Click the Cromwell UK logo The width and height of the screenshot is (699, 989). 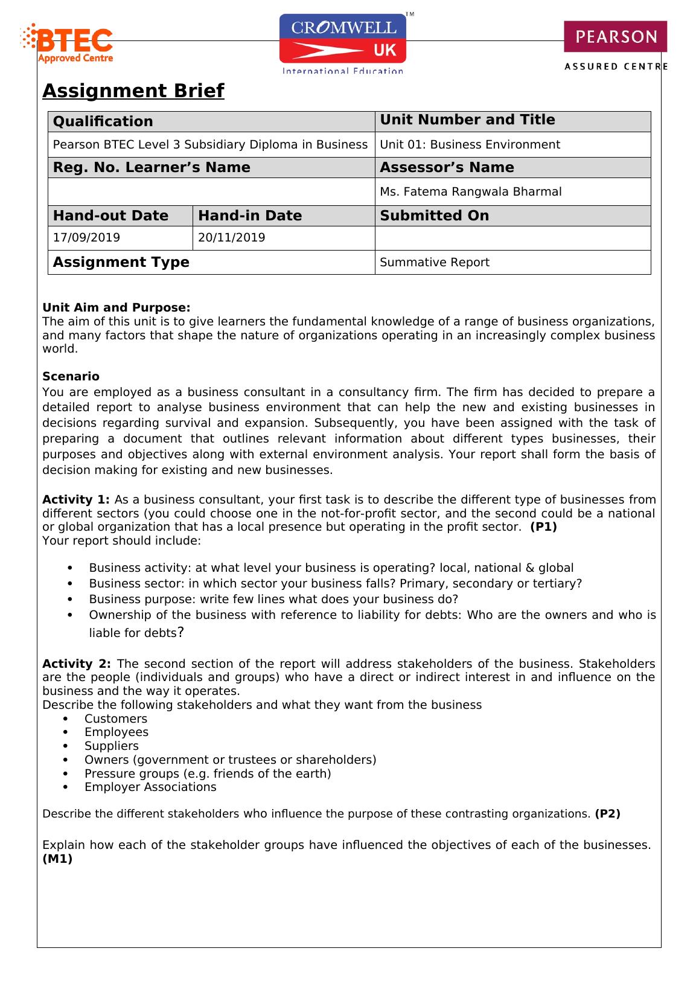[343, 43]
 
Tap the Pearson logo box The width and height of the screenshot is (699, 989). [615, 37]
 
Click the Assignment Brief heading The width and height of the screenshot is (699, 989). [133, 91]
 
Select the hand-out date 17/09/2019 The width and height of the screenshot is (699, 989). [86, 237]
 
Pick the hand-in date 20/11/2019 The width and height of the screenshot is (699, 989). [231, 237]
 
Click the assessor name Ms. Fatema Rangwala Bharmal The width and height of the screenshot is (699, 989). [470, 191]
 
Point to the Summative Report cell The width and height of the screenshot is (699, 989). [434, 262]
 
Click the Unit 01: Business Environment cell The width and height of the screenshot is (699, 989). [470, 144]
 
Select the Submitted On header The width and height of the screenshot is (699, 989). [434, 216]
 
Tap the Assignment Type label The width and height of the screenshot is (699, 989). [121, 262]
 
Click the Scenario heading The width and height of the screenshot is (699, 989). [71, 376]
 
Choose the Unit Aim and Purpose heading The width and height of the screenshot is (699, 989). [116, 307]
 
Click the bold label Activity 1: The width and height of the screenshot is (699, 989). [76, 499]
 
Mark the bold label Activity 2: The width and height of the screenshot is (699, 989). [76, 664]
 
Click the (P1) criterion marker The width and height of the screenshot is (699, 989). [543, 527]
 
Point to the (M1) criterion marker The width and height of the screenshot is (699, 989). [57, 859]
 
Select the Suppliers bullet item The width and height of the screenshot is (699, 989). [112, 746]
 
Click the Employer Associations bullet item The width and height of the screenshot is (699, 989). [150, 787]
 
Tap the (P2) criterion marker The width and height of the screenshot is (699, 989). [607, 813]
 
